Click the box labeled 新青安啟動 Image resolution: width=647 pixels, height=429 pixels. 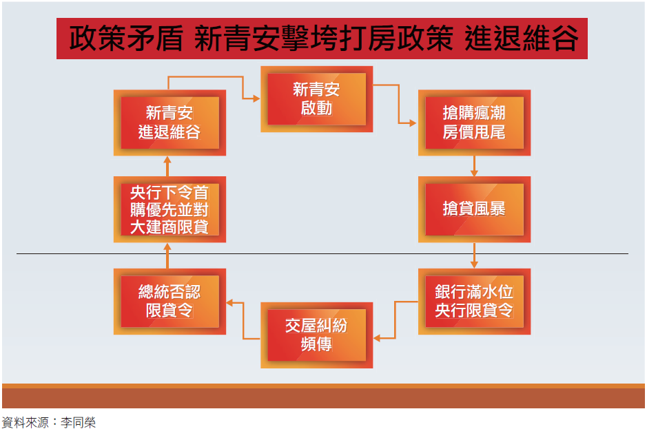[x=316, y=98]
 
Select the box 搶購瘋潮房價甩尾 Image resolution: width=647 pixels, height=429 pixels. [x=474, y=122]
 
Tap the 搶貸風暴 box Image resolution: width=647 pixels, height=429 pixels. [x=474, y=209]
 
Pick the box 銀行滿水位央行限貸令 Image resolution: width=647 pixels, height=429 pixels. [x=474, y=301]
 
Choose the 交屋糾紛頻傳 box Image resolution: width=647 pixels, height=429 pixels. [x=316, y=335]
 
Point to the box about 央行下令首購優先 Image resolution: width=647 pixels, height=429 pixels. [x=170, y=209]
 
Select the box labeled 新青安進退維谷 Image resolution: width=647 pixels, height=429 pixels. [x=170, y=122]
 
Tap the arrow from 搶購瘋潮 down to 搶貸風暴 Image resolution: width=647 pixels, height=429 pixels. [x=474, y=166]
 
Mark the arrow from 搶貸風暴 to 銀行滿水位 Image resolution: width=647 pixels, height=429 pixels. [x=474, y=255]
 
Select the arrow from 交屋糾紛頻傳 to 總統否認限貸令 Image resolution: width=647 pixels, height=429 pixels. [x=243, y=320]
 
